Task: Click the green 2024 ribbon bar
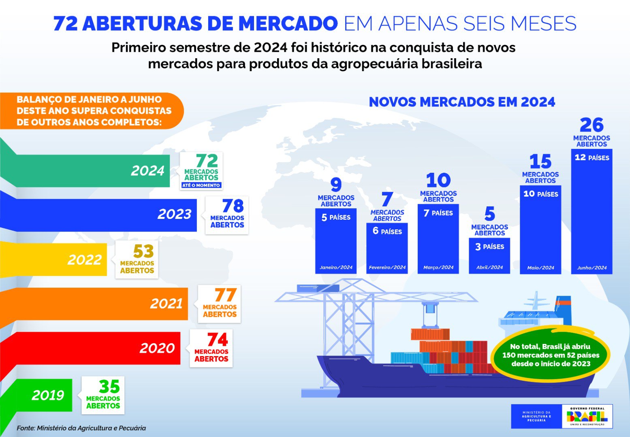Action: (85, 171)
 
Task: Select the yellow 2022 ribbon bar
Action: (53, 259)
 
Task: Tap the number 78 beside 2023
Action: (233, 206)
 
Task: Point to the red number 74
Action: (218, 339)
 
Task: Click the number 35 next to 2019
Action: (109, 386)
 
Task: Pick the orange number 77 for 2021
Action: (225, 295)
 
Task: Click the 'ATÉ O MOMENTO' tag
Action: (201, 185)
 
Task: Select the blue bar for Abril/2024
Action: (489, 256)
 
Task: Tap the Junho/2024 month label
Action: (592, 267)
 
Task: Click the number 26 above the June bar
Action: (592, 125)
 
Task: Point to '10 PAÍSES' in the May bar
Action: (540, 194)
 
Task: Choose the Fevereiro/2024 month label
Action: (387, 267)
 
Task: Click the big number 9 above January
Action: (336, 185)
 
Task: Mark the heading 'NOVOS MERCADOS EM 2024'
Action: (462, 102)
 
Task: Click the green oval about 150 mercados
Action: (550, 355)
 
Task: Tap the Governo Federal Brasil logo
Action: (587, 416)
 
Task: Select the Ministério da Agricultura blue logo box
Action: (536, 416)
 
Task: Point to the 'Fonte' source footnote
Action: (81, 428)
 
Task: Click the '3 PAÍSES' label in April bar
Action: (489, 246)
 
